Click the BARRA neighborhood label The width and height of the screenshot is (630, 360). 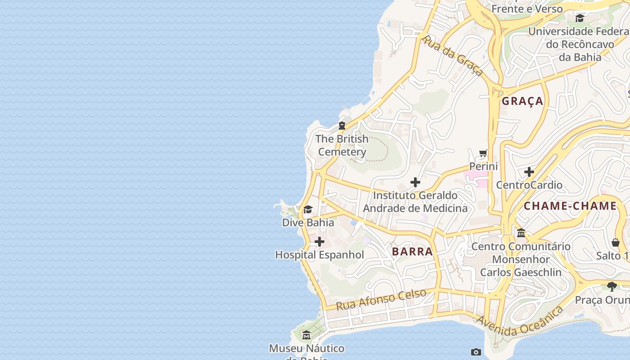click(412, 252)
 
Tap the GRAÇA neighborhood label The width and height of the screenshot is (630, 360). click(522, 101)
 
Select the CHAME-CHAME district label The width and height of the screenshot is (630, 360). click(570, 206)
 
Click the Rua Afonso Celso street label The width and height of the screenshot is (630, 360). click(381, 300)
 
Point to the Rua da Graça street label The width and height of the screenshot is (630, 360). click(452, 55)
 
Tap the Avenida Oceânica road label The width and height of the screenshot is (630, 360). click(519, 322)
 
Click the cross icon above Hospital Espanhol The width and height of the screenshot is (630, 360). click(319, 242)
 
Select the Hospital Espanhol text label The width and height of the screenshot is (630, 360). click(319, 255)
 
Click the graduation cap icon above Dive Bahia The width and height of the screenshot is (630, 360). click(308, 210)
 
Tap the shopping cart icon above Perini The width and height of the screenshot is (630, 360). click(483, 154)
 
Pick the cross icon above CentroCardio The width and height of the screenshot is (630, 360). click(529, 172)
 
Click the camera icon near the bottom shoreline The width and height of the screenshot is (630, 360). click(476, 352)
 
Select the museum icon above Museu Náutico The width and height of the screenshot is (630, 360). click(306, 335)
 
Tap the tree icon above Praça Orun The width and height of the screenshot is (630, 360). click(612, 286)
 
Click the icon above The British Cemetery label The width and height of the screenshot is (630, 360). click(342, 126)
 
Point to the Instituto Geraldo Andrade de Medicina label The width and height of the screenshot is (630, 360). click(415, 202)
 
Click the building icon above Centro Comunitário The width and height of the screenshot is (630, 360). click(521, 233)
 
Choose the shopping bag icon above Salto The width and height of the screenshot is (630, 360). click(616, 243)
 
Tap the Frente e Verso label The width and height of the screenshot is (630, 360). click(527, 9)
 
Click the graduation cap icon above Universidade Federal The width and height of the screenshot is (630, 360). click(580, 18)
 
